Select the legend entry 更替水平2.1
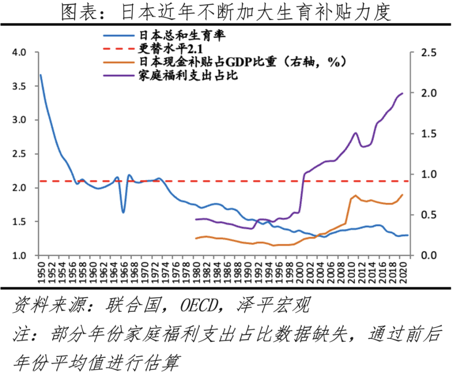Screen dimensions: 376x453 [x=168, y=48]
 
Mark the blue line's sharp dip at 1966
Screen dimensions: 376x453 [x=123, y=212]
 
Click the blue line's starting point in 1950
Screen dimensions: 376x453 [x=41, y=75]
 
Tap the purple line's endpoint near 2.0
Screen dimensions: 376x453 [x=403, y=93]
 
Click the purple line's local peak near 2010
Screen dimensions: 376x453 [x=355, y=133]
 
